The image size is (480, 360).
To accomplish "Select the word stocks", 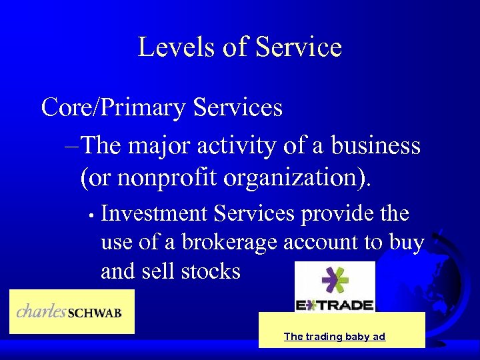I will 212,271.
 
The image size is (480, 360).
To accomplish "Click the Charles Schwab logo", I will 71,311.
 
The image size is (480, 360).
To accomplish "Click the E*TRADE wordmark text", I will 335,305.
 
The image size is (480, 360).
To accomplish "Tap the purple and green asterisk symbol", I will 335,281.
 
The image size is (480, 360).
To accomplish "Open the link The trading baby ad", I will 335,337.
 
